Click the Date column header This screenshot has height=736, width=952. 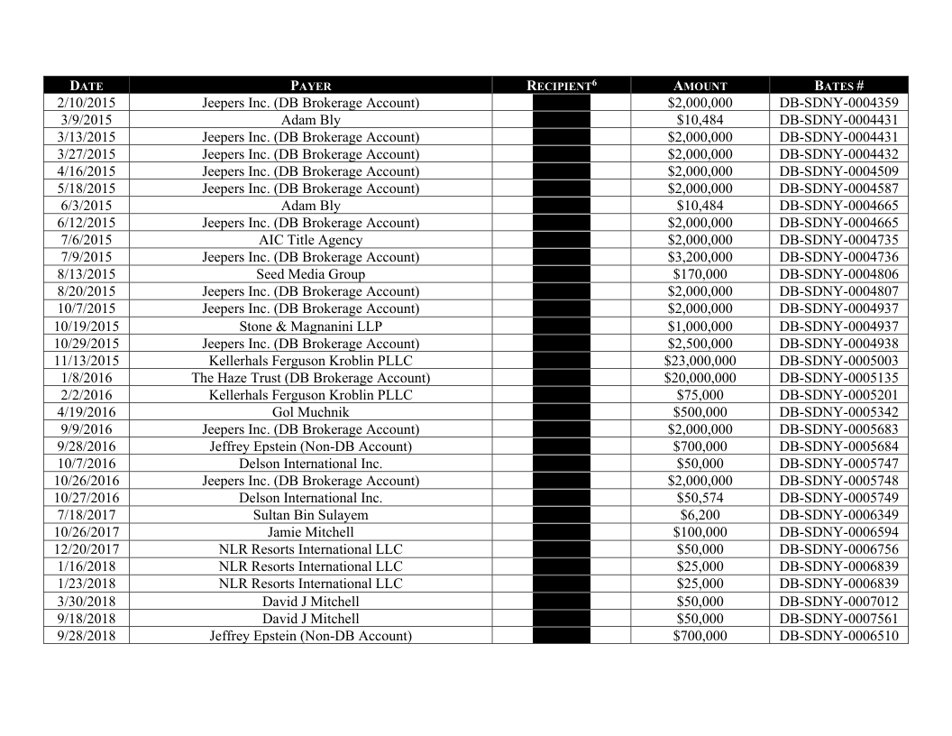coord(86,86)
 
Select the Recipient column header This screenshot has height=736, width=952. coord(561,86)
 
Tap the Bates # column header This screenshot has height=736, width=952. coord(838,86)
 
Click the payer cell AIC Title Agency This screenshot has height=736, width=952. coord(310,240)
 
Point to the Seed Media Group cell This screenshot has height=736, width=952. coord(310,274)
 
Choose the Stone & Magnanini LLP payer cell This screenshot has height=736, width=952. coord(310,326)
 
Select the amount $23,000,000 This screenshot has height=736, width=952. coord(700,361)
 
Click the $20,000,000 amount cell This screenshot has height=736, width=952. coord(700,378)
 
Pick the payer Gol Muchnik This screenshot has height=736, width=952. coord(310,412)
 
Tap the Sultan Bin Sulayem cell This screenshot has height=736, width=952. coord(310,515)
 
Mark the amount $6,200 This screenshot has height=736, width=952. coord(700,515)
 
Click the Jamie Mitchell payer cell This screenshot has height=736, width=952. coord(310,532)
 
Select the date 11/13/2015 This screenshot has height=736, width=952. coord(86,361)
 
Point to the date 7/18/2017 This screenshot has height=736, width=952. coord(86,515)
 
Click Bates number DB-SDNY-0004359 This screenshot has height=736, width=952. coord(838,103)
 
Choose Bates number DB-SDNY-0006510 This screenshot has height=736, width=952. coord(838,636)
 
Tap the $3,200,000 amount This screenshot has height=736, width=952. coord(700,257)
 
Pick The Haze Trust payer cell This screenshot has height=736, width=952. coord(310,378)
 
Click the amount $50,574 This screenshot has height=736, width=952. coord(700,498)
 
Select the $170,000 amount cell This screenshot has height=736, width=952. coord(700,274)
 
